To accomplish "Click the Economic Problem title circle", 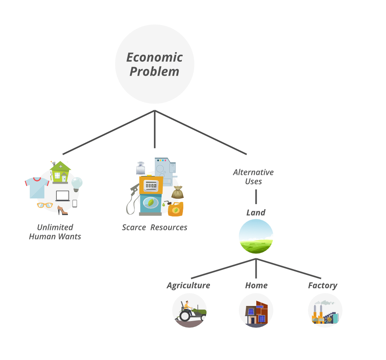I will click(154, 64).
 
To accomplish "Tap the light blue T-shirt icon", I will click(37, 188).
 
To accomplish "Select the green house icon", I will click(60, 172).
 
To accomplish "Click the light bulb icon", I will click(77, 184).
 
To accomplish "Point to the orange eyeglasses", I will click(45, 205).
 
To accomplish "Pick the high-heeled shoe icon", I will click(62, 210).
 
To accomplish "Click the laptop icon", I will click(63, 196).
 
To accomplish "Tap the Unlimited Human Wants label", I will click(55, 232).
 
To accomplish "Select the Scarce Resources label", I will click(154, 227).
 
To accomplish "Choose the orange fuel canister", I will click(176, 209).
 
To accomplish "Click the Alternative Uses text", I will click(253, 177).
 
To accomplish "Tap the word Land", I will click(256, 213).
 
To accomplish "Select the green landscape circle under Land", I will click(256, 236).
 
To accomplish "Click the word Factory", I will click(322, 286).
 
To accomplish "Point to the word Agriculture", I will click(188, 286).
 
